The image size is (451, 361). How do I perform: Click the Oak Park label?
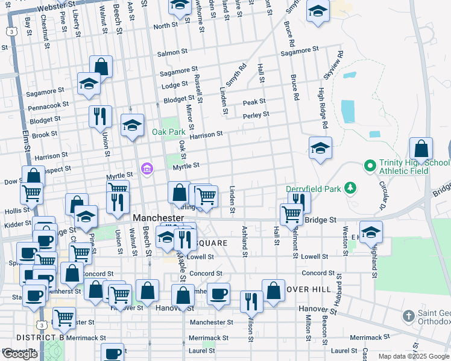[x=169, y=132]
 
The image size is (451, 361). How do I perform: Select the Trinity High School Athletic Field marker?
[x=368, y=164]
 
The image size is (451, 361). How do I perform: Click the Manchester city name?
[x=158, y=217]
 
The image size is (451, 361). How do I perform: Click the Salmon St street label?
[x=168, y=53]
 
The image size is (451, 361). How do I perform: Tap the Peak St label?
[x=254, y=103]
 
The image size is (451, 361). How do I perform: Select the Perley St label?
[x=256, y=114]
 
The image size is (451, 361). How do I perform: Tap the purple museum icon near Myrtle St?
[x=146, y=169]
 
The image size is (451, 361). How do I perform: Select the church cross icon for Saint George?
[x=408, y=315]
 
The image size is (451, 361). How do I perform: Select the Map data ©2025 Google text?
[x=414, y=356]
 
